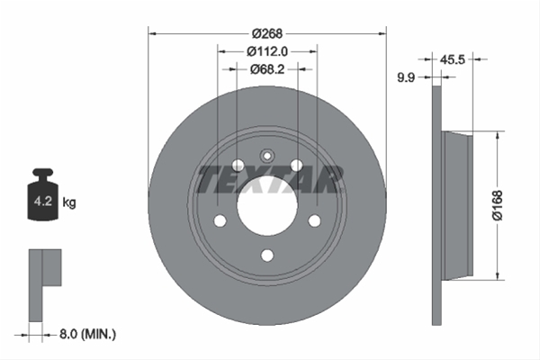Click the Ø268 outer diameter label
pos(267,33)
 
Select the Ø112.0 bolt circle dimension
pos(267,51)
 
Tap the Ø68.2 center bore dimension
pos(267,69)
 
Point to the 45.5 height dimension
pos(452,59)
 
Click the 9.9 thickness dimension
pos(406,77)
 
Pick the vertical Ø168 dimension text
pos(497,205)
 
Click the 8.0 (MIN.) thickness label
pos(88,334)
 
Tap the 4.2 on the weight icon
pos(43,201)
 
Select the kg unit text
pos(69,202)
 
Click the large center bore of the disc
pos(267,206)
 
